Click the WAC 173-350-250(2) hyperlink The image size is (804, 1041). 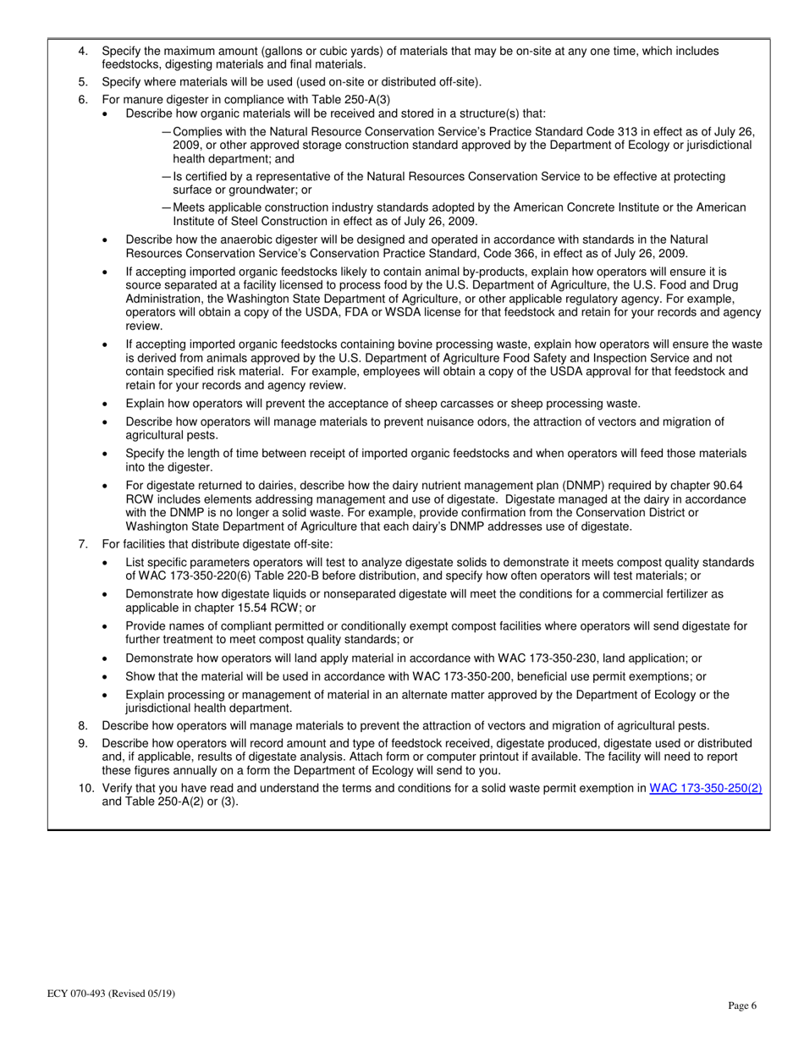point(705,788)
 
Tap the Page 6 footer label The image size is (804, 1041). point(742,1005)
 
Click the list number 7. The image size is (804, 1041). point(82,543)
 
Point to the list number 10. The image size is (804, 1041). point(86,788)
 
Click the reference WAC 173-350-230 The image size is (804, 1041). point(498,658)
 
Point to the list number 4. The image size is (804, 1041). point(82,51)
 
